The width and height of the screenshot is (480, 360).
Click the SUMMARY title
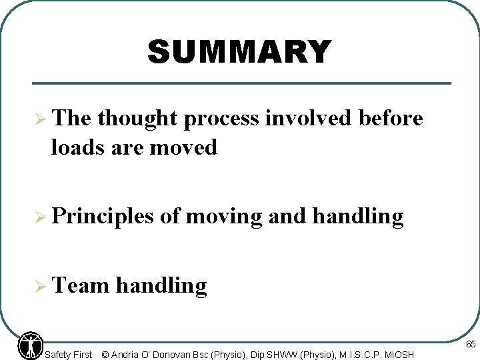click(x=239, y=52)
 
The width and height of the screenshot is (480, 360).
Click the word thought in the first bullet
click(x=137, y=119)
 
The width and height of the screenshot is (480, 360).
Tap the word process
click(x=223, y=119)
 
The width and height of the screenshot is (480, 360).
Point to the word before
click(x=391, y=119)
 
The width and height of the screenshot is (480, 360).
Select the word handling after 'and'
click(x=357, y=216)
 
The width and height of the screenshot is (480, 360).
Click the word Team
click(x=79, y=285)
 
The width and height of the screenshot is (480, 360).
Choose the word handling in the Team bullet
click(x=161, y=285)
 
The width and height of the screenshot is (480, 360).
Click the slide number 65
click(x=470, y=345)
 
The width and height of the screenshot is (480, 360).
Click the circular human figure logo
click(x=29, y=345)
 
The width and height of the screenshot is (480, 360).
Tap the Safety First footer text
click(x=68, y=355)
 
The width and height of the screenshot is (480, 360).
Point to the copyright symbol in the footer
click(x=105, y=355)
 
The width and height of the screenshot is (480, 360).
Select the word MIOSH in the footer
click(x=399, y=355)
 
